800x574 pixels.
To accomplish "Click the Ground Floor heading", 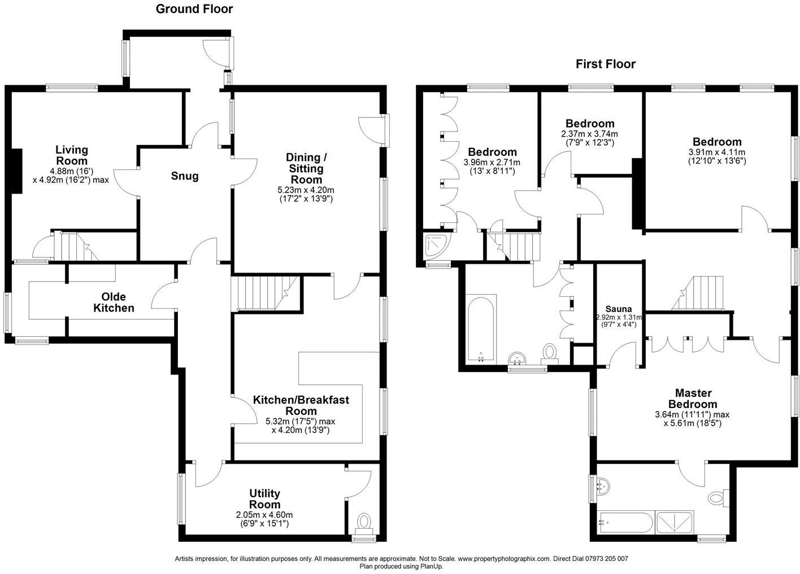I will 194,9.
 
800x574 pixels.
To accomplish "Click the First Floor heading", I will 605,64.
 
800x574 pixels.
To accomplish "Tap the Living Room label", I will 72,155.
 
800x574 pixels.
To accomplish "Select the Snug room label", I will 185,176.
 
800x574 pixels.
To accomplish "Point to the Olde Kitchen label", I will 114,303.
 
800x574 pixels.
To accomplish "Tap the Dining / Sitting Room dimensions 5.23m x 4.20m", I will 306,190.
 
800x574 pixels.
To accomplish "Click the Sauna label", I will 618,309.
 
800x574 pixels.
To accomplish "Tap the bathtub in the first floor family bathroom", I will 480,328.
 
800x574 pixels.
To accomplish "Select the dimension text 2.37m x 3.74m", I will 589,134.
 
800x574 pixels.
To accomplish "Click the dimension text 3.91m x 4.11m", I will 716,152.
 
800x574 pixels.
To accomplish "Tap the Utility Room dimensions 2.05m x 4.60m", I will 264,515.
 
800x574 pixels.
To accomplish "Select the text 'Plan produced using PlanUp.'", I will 401,566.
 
